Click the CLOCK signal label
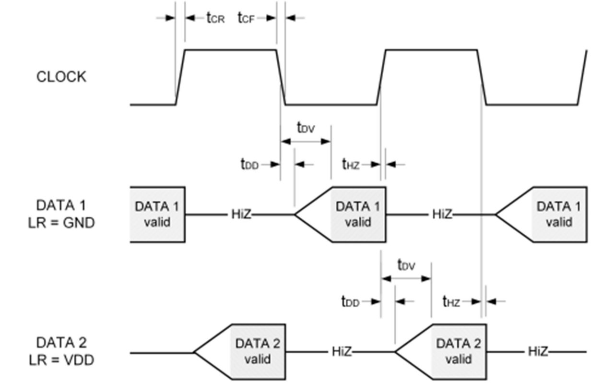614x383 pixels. coord(61,77)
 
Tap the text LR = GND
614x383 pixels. coord(61,223)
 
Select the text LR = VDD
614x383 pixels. coord(61,360)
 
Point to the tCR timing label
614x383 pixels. coord(216,18)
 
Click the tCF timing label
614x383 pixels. coord(246,18)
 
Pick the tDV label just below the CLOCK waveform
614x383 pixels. coord(306,128)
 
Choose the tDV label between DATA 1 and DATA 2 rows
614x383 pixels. coord(406,265)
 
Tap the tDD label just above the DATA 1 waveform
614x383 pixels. coord(249,164)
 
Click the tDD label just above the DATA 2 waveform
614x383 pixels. coord(350,301)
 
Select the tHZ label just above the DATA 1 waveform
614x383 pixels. coord(351,164)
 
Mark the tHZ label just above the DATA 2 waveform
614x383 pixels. coord(451,301)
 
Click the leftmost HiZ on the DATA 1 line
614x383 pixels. coord(241,214)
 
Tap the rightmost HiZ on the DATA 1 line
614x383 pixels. coord(442,214)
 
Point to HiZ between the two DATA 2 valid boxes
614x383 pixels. coord(342,351)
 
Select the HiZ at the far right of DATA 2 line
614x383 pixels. coord(538,351)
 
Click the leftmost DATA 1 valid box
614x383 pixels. coord(157,215)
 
